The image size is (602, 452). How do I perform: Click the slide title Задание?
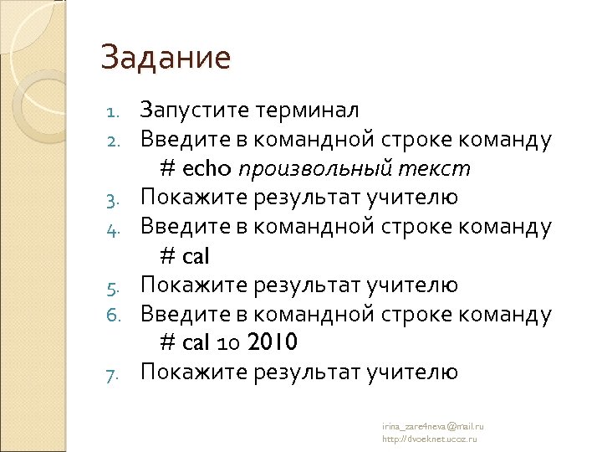[166, 58]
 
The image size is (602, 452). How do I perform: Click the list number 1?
[116, 110]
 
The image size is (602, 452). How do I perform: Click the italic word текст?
[435, 168]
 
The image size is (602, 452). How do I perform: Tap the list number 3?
[116, 198]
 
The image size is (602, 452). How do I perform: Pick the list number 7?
[116, 373]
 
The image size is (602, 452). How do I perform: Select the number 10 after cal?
[227, 344]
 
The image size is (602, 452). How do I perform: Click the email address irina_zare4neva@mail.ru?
[433, 426]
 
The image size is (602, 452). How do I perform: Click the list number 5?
[116, 286]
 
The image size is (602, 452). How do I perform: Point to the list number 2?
[116, 140]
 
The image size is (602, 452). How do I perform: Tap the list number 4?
[116, 228]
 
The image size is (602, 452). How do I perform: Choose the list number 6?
[116, 316]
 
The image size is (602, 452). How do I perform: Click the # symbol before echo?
[167, 168]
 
